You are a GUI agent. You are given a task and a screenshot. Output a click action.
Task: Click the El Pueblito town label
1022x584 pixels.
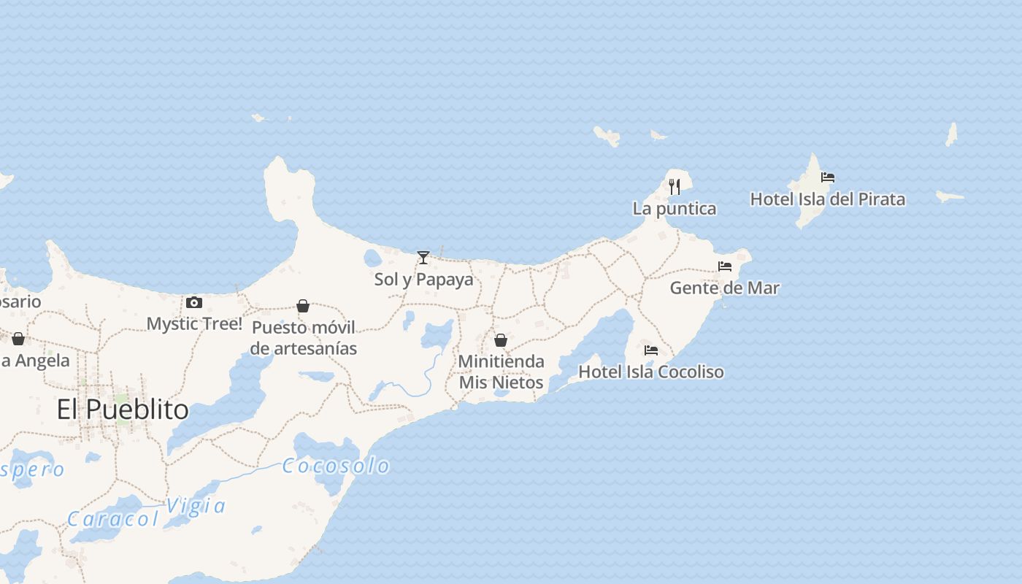[x=123, y=410]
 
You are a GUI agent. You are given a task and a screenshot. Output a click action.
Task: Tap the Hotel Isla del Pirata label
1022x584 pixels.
[x=827, y=199]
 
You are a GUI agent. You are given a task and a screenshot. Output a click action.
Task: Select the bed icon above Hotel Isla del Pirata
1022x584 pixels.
[x=827, y=177]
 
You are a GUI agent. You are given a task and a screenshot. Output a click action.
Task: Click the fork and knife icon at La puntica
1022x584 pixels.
[x=675, y=187]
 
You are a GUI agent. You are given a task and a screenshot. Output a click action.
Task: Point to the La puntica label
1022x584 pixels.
[x=675, y=209]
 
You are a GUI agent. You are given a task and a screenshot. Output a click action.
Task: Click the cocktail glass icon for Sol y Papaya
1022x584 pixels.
[x=423, y=258]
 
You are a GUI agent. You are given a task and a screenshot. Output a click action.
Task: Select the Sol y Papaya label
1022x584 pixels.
[x=423, y=280]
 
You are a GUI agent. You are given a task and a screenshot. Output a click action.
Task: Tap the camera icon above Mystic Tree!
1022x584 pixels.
[x=194, y=302]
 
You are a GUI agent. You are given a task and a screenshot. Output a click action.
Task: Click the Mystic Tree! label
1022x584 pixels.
[x=194, y=323]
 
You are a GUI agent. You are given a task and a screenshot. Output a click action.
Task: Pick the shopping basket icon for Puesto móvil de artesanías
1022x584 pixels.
[x=303, y=306]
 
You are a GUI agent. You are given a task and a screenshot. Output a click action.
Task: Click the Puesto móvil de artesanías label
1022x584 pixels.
[x=304, y=338]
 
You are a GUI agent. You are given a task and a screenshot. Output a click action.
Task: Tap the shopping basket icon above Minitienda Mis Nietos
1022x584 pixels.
[x=501, y=340]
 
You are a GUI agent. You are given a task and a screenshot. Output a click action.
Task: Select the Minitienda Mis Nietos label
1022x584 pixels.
[x=502, y=372]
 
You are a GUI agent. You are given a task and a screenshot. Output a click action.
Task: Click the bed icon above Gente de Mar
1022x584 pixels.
[x=725, y=266]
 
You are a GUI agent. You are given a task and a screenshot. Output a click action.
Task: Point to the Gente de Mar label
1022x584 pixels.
[x=725, y=288]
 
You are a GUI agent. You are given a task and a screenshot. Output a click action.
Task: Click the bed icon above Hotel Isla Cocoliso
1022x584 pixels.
[x=651, y=350]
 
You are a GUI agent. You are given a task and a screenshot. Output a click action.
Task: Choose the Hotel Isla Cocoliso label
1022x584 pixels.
[x=651, y=372]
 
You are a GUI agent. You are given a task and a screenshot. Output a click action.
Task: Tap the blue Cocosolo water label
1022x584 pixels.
[x=336, y=466]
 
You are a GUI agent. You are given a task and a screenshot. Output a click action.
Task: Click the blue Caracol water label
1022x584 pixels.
[x=113, y=519]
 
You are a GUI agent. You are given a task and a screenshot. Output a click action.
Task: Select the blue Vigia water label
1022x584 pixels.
[x=196, y=506]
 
